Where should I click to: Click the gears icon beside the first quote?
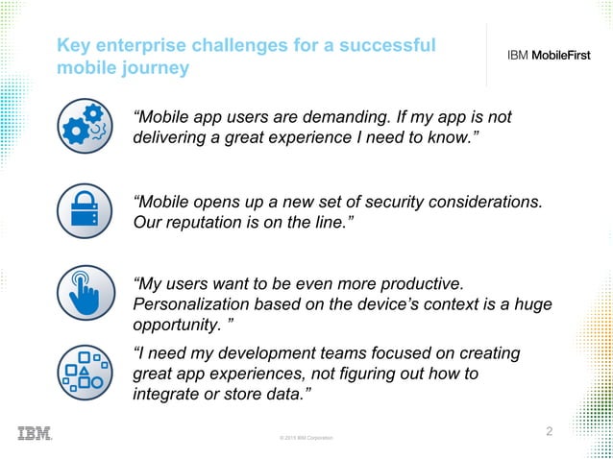pyautogui.click(x=86, y=129)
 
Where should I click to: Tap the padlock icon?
pyautogui.click(x=86, y=211)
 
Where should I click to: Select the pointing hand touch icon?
pyautogui.click(x=86, y=293)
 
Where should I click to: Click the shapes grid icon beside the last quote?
pyautogui.click(x=86, y=372)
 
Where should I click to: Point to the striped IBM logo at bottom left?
pyautogui.click(x=35, y=433)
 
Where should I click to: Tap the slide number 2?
pyautogui.click(x=550, y=431)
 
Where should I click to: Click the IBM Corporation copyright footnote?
pyautogui.click(x=306, y=438)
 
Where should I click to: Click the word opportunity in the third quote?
pyautogui.click(x=175, y=326)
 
